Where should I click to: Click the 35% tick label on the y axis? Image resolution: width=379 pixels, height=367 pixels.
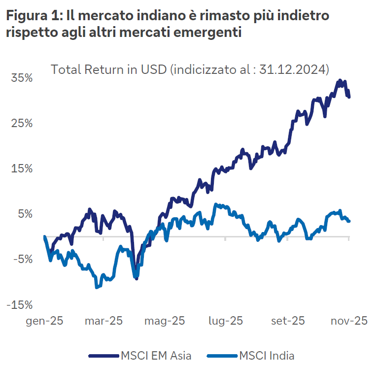22,78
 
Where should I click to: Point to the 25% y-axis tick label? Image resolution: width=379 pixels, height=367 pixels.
22,123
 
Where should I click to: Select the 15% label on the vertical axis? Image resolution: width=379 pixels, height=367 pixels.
22,168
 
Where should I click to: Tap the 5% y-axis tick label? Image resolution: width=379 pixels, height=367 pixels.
25,214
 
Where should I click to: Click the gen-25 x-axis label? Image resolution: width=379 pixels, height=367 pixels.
45,321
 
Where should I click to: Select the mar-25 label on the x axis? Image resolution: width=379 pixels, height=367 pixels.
103,321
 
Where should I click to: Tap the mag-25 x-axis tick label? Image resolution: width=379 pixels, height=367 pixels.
165,321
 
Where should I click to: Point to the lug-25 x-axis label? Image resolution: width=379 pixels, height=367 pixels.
225,321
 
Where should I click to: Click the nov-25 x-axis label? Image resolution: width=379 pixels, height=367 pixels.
349,321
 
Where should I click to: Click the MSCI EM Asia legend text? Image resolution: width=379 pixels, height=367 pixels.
156,355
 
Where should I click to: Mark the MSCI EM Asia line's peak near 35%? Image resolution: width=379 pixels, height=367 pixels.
340,81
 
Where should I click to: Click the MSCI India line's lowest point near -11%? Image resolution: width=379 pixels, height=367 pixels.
97,287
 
